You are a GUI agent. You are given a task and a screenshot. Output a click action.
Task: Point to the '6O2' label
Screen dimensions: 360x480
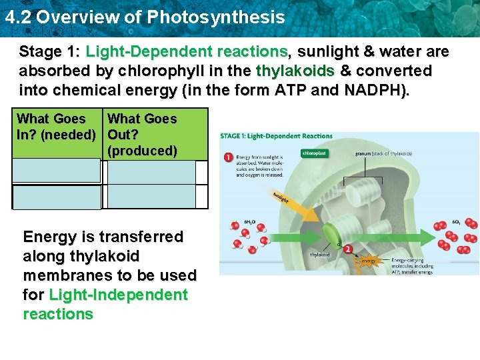click(x=456, y=221)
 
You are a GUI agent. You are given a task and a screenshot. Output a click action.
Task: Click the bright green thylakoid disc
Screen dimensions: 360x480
click(x=331, y=235)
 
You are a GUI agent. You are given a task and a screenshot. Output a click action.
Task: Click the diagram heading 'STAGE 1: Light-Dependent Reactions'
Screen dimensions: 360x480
click(x=276, y=136)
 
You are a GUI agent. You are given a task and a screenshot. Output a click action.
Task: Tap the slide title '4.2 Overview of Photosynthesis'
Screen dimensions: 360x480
click(x=144, y=17)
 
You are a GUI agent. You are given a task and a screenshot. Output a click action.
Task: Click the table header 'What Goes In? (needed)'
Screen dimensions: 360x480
click(x=57, y=127)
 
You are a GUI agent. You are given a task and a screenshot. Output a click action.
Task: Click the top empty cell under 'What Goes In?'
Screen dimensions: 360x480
click(x=57, y=172)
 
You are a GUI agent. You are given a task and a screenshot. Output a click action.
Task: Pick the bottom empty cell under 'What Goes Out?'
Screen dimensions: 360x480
click(x=151, y=197)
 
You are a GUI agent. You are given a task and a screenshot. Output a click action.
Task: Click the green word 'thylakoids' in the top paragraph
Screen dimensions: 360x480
click(x=291, y=71)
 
